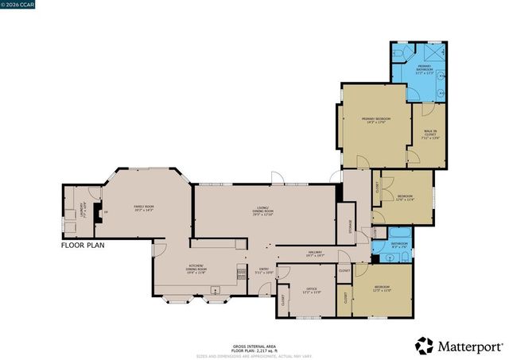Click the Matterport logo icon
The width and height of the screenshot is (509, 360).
coord(424,346)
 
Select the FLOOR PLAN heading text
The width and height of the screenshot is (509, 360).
coord(85,246)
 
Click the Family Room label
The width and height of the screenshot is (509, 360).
coord(143,210)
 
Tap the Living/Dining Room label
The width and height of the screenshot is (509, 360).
coord(262,212)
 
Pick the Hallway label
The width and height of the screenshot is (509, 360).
coord(313,254)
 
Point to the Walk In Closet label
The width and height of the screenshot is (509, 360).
coord(429,136)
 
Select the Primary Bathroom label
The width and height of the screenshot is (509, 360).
coord(424,70)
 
